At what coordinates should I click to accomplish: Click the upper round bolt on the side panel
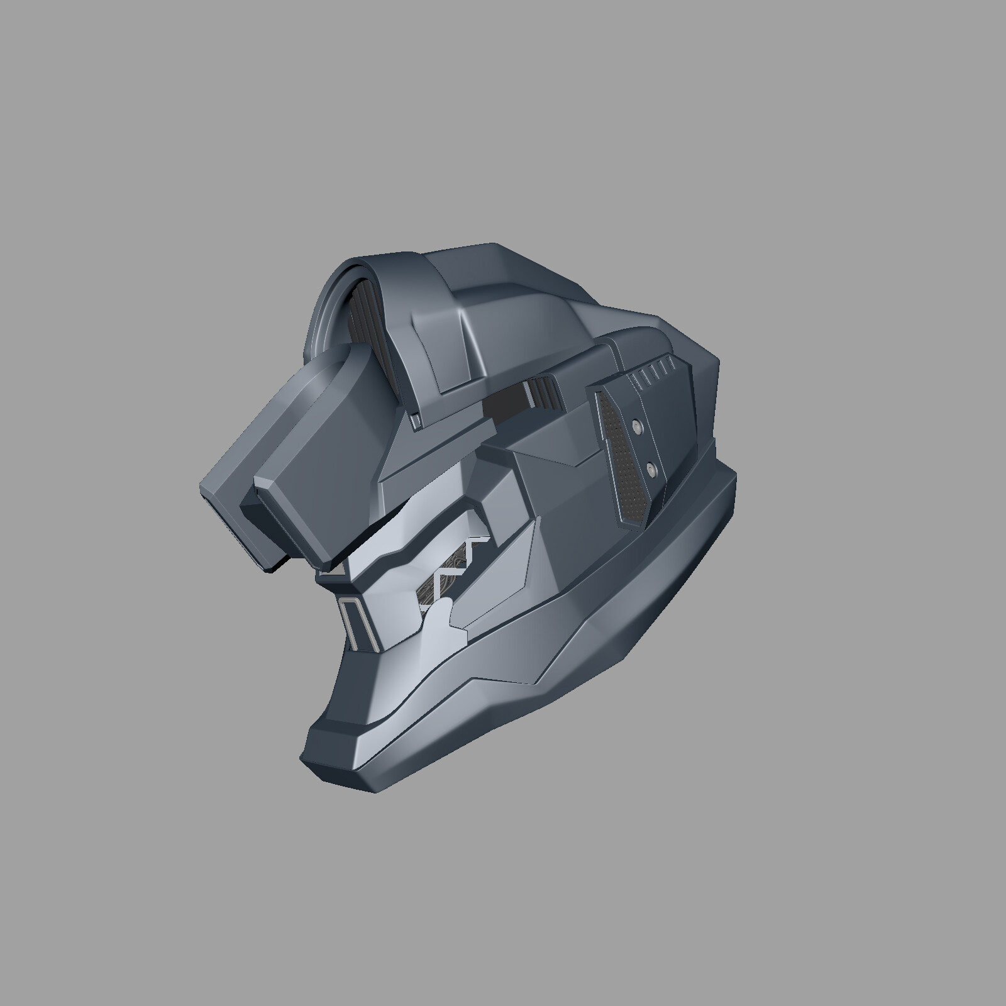(638, 427)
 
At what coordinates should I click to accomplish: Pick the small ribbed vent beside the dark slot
(544, 392)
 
